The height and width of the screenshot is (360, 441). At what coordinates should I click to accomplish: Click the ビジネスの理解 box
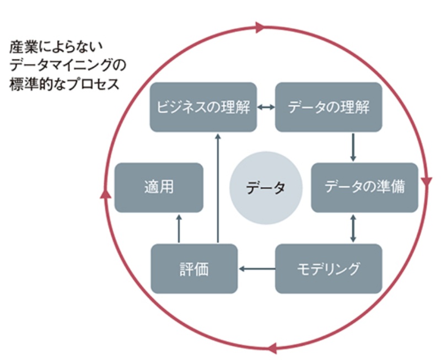click(x=203, y=107)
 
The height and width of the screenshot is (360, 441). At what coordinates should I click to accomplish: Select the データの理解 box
click(x=329, y=107)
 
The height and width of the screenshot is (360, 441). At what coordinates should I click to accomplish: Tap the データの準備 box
click(x=364, y=187)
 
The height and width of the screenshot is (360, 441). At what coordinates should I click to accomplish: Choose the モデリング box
click(x=329, y=268)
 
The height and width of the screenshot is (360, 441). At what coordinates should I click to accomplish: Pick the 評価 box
click(x=194, y=268)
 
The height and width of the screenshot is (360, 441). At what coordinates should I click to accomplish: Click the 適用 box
click(x=159, y=187)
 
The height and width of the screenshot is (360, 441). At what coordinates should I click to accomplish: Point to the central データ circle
click(x=266, y=188)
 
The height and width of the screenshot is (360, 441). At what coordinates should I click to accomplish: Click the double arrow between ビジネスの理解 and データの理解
click(x=266, y=108)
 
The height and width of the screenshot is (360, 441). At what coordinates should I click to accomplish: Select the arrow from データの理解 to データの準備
click(x=353, y=147)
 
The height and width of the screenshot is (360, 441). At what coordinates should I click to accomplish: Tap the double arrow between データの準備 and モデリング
click(x=353, y=228)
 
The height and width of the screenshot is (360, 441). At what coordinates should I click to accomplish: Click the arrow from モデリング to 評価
click(x=257, y=269)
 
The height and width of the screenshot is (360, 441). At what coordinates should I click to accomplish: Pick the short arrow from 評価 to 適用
click(x=179, y=228)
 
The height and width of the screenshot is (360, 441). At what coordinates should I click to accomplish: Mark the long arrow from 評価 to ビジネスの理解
click(x=218, y=187)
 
